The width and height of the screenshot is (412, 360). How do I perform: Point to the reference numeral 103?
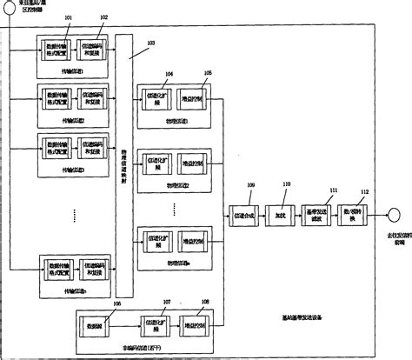pos(151,42)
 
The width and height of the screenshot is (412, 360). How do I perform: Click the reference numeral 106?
pos(92,304)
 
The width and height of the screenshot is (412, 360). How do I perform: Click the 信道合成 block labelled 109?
pos(244,211)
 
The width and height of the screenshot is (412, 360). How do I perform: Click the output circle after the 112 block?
pos(394,212)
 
